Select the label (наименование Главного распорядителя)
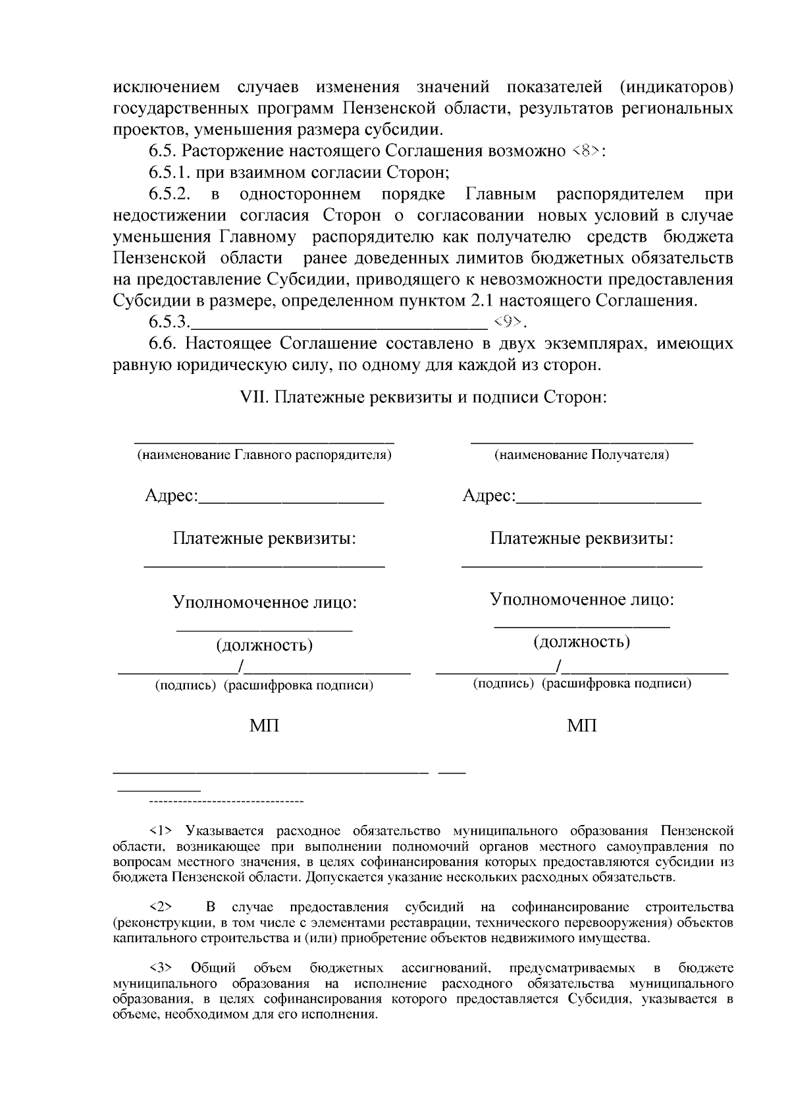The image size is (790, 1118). click(x=264, y=455)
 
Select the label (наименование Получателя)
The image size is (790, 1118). click(x=582, y=455)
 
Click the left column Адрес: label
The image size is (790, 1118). click(x=171, y=496)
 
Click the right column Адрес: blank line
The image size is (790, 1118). click(x=609, y=502)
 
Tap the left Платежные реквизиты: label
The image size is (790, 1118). click(x=264, y=539)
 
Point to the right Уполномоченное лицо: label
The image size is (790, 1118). click(x=582, y=599)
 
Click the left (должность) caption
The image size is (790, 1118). click(x=264, y=645)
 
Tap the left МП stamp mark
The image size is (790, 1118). click(x=264, y=726)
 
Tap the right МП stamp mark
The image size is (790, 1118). click(x=582, y=726)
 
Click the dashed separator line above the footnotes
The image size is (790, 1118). click(x=226, y=802)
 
